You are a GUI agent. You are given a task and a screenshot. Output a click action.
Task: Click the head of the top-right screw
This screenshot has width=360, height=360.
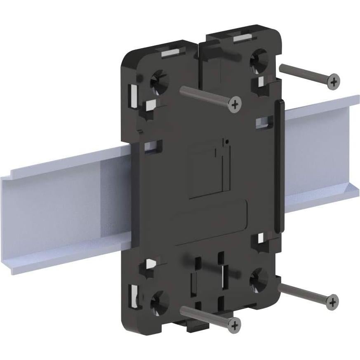coord(334,81)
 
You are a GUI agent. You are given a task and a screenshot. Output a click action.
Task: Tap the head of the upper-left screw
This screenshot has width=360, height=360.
coord(235,104)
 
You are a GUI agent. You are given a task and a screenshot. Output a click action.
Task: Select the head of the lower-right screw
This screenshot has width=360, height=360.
coord(332,302)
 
